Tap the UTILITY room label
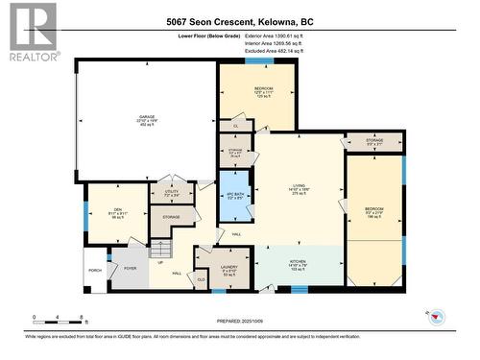coord(172,193)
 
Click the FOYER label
coord(128,269)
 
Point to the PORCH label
coord(95,271)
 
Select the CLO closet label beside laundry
coord(202,279)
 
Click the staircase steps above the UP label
coord(159,248)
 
